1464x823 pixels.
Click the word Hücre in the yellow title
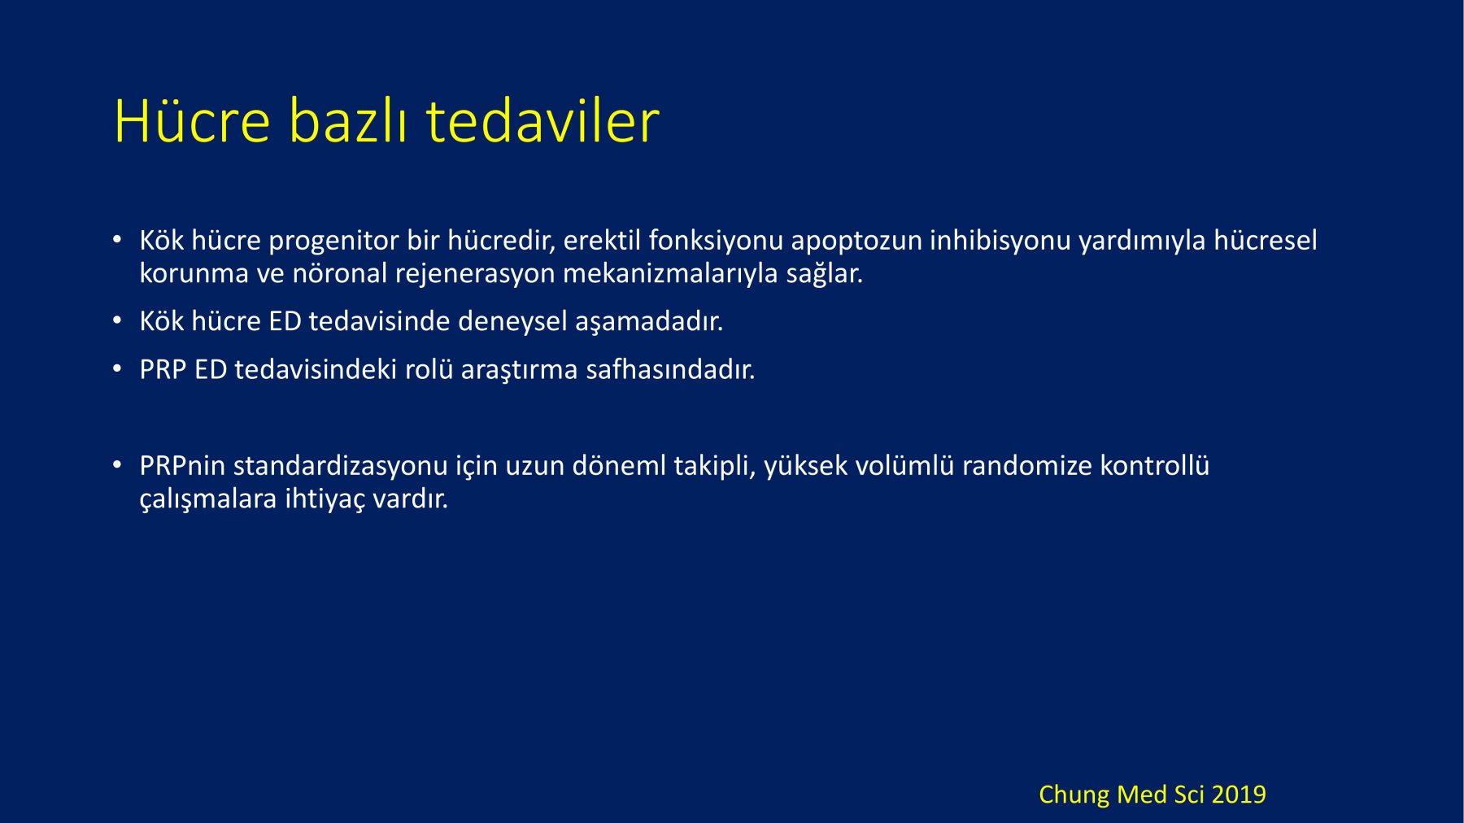pyautogui.click(x=192, y=121)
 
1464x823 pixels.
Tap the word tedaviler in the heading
pyautogui.click(x=542, y=121)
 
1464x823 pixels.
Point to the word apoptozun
pyautogui.click(x=856, y=241)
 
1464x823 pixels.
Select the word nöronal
pyautogui.click(x=340, y=272)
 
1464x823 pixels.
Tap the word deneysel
pyautogui.click(x=512, y=321)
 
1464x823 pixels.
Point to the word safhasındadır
pyautogui.click(x=670, y=369)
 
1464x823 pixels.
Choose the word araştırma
pyautogui.click(x=520, y=370)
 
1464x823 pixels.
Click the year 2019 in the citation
pyautogui.click(x=1239, y=795)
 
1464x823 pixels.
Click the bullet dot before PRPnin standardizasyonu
pyautogui.click(x=117, y=465)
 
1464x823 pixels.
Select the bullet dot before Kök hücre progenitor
pyautogui.click(x=117, y=239)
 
